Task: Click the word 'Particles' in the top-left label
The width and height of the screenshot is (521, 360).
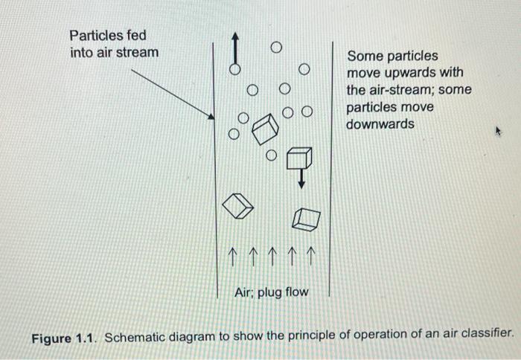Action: (93, 36)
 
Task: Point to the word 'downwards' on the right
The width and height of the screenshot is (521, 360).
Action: (380, 124)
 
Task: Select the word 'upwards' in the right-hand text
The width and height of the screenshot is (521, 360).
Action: (437, 73)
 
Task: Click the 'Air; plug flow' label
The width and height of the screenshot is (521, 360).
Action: (271, 292)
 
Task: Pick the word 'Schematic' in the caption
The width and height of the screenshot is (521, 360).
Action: (136, 336)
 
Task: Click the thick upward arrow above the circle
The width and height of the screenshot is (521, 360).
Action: (234, 48)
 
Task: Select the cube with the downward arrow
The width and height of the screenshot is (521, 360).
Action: (299, 158)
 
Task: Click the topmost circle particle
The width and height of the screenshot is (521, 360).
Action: (276, 47)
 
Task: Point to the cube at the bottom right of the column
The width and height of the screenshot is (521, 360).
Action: (306, 217)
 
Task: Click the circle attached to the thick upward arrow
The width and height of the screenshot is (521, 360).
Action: (234, 69)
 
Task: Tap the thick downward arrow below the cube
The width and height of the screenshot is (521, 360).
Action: (301, 179)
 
